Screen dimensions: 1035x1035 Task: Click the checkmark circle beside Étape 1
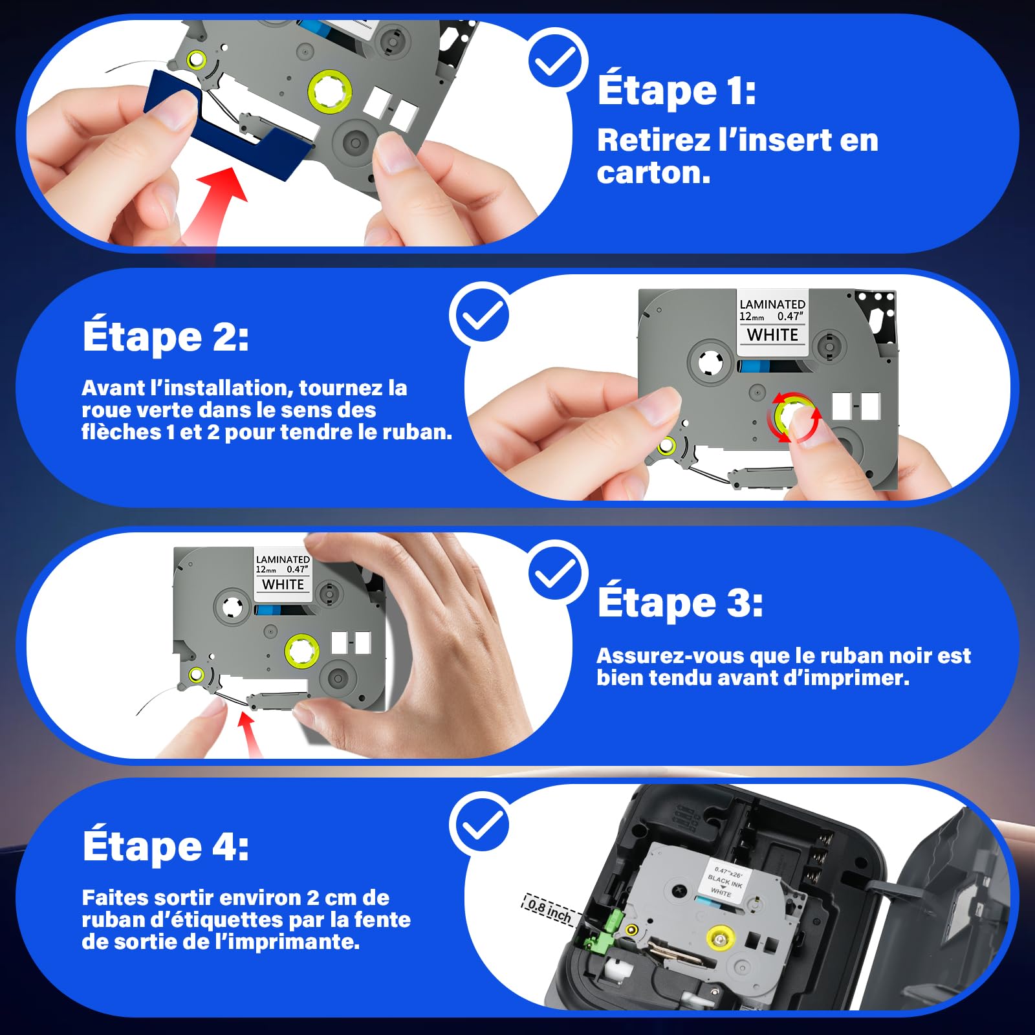pos(557,60)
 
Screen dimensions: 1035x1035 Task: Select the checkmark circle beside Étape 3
pos(557,572)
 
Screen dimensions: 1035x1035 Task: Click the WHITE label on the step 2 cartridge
pos(772,335)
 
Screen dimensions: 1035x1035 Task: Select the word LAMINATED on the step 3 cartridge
pos(283,560)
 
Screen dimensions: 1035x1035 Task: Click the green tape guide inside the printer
pos(604,932)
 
